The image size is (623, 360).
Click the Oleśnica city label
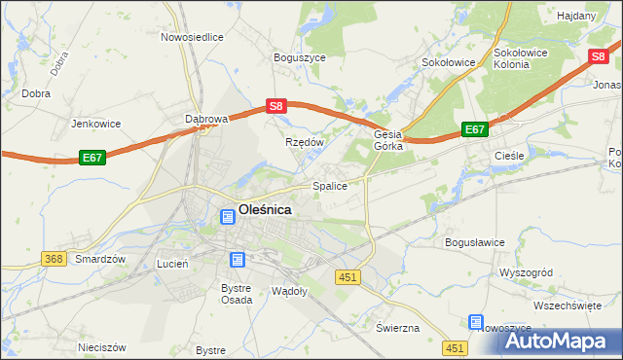click(x=265, y=207)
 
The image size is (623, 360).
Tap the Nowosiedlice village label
click(x=193, y=37)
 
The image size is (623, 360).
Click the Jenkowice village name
click(x=95, y=125)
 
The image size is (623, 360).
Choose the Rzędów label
click(x=304, y=141)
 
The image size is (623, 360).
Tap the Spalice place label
click(x=329, y=185)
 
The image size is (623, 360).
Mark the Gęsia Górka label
click(x=388, y=141)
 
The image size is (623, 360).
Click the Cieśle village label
click(x=509, y=155)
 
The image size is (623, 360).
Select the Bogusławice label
click(x=474, y=241)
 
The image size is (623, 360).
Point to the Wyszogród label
click(x=526, y=272)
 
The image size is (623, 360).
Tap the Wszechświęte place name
click(x=568, y=305)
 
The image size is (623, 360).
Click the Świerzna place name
click(x=397, y=327)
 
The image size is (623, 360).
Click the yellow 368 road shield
click(x=54, y=259)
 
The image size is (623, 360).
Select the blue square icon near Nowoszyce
click(x=476, y=322)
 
